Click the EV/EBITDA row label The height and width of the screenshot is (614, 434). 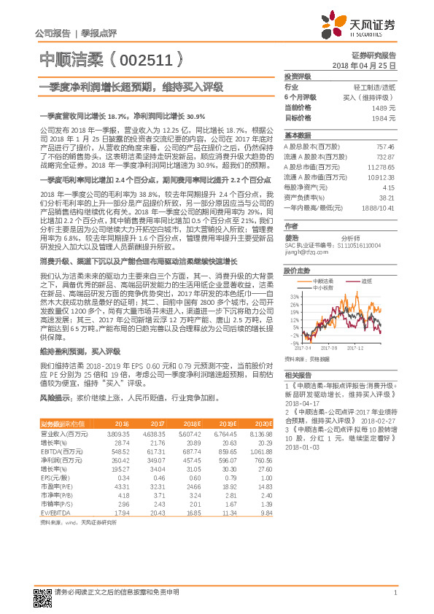56,513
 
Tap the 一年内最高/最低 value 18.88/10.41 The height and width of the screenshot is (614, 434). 379,208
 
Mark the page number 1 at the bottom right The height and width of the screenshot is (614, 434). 395,593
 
